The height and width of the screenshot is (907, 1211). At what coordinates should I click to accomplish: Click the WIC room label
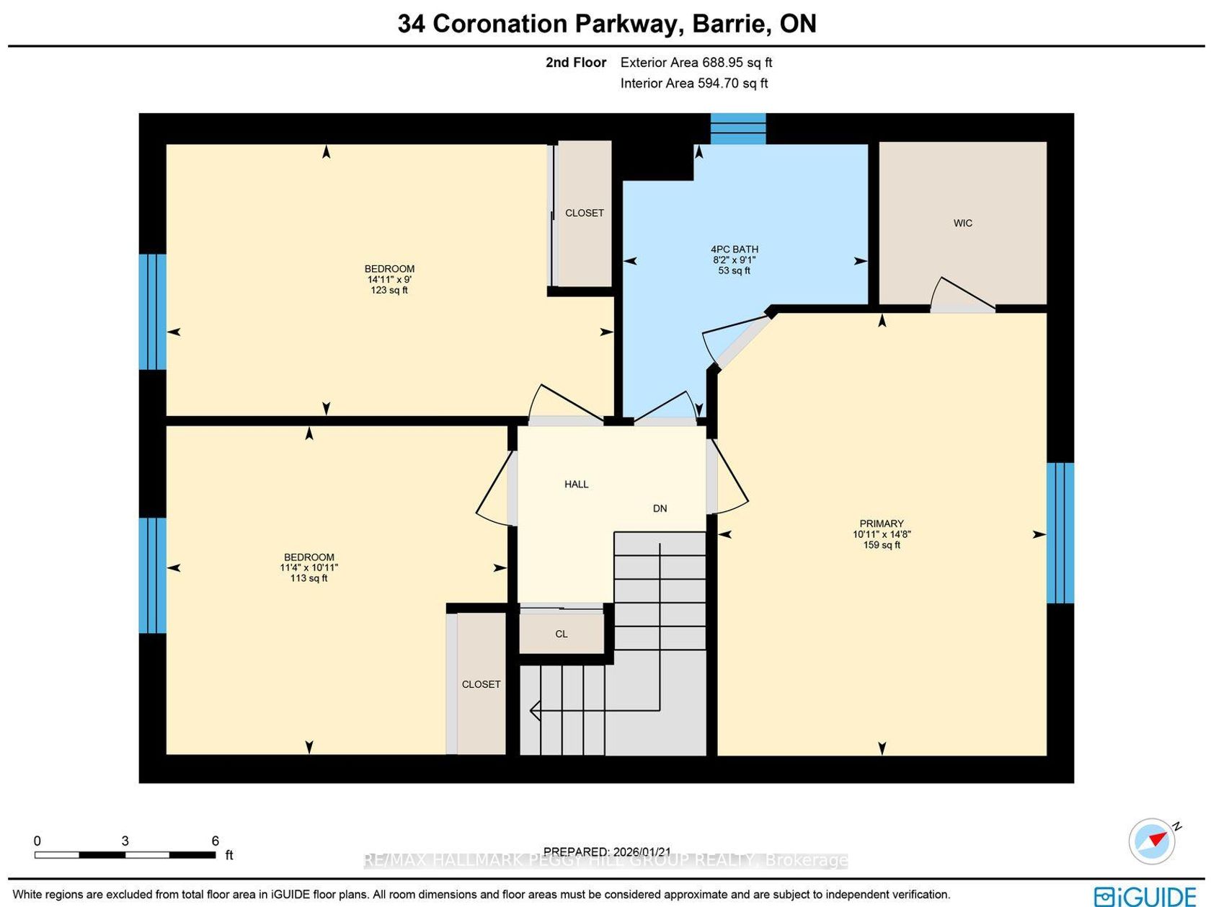(962, 223)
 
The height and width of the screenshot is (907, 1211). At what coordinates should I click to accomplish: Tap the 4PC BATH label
(734, 249)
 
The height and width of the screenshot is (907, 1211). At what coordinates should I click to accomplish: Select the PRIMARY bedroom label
(881, 523)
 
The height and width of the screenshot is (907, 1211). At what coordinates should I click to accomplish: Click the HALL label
(576, 485)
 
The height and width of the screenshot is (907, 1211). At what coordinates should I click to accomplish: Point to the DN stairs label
(660, 509)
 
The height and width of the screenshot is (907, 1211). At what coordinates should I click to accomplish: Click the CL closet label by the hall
(561, 634)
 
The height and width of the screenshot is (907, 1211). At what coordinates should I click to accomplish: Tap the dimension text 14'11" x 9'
(389, 280)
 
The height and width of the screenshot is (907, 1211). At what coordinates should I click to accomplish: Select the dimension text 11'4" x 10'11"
(309, 567)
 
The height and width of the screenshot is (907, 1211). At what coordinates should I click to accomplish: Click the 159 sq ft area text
(882, 545)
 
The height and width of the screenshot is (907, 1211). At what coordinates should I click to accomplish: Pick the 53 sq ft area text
(734, 271)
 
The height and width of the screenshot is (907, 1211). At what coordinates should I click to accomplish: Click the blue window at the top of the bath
(737, 128)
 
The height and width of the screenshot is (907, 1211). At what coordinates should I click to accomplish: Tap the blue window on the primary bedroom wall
(1060, 533)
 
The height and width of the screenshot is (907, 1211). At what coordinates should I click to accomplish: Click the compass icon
(1152, 841)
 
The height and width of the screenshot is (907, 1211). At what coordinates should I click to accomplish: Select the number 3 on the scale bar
(125, 841)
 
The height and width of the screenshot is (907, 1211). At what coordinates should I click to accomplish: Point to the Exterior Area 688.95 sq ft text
(696, 62)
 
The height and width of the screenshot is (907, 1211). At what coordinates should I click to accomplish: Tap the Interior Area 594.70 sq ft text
(694, 84)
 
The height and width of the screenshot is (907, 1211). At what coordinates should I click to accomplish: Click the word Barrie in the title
(731, 24)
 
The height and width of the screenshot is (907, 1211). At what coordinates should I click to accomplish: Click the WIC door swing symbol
(963, 293)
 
